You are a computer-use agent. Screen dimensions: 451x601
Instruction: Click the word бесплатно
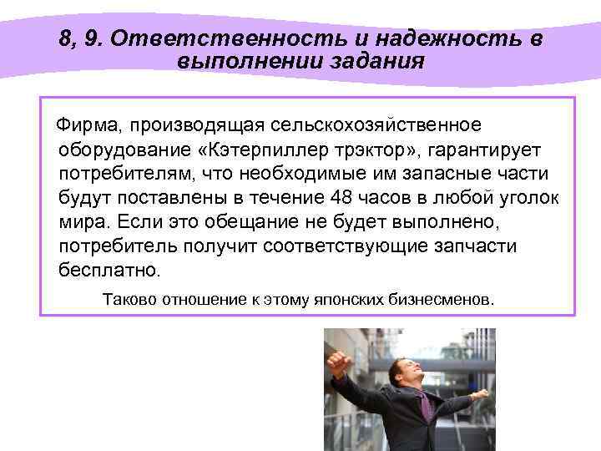click(x=109, y=271)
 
